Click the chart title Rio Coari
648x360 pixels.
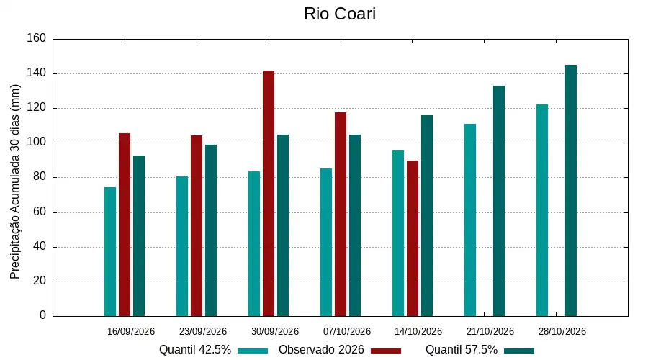tap(340, 14)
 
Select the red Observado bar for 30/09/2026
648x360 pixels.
tap(269, 194)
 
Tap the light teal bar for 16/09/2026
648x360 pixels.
tap(110, 252)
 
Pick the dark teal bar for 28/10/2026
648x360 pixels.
tap(571, 191)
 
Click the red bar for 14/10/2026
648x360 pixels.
tap(413, 238)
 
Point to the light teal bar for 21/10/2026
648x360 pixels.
tap(470, 220)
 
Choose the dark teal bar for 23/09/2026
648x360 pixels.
tap(211, 230)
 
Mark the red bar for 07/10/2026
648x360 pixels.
tap(341, 214)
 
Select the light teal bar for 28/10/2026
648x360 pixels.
tap(542, 210)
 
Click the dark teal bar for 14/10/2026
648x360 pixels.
tap(427, 216)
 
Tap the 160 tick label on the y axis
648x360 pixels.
tap(37, 38)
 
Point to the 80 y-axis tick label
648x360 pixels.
tap(40, 177)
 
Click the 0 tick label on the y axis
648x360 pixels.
tap(43, 315)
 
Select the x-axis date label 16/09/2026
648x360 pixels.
tap(131, 331)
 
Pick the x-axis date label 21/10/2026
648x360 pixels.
tap(490, 331)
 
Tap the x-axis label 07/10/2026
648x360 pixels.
tap(347, 331)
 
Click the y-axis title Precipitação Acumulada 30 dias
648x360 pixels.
tap(15, 182)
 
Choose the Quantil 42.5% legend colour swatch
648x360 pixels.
tap(253, 351)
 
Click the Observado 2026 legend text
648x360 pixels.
tap(321, 350)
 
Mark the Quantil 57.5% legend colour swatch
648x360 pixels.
tap(519, 351)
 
